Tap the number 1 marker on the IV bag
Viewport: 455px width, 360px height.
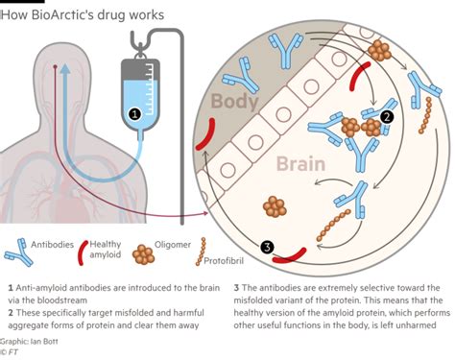(134, 113)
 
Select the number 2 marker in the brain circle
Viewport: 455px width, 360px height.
(387, 116)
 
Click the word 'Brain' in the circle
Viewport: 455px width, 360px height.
(301, 164)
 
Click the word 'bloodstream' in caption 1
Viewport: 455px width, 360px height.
(69, 299)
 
